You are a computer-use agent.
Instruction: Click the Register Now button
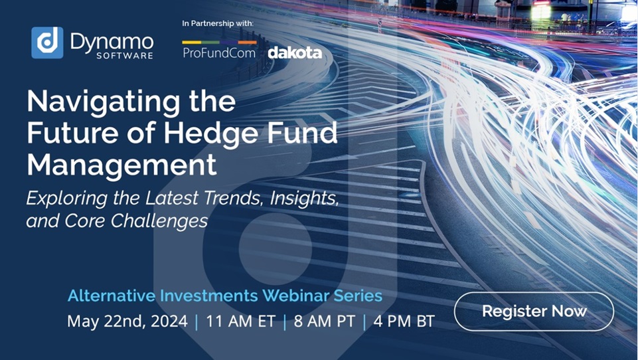click(534, 311)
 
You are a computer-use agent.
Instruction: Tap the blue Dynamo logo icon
click(47, 43)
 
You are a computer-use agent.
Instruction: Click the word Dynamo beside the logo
click(112, 41)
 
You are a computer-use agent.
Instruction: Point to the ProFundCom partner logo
click(219, 51)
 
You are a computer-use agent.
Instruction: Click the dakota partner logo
click(295, 52)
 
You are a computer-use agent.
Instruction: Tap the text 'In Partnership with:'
click(218, 24)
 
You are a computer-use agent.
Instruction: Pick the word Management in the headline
click(121, 164)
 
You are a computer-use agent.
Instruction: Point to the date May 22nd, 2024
click(127, 321)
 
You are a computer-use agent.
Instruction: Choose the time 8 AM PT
click(323, 321)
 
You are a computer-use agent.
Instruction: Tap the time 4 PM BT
click(404, 321)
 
